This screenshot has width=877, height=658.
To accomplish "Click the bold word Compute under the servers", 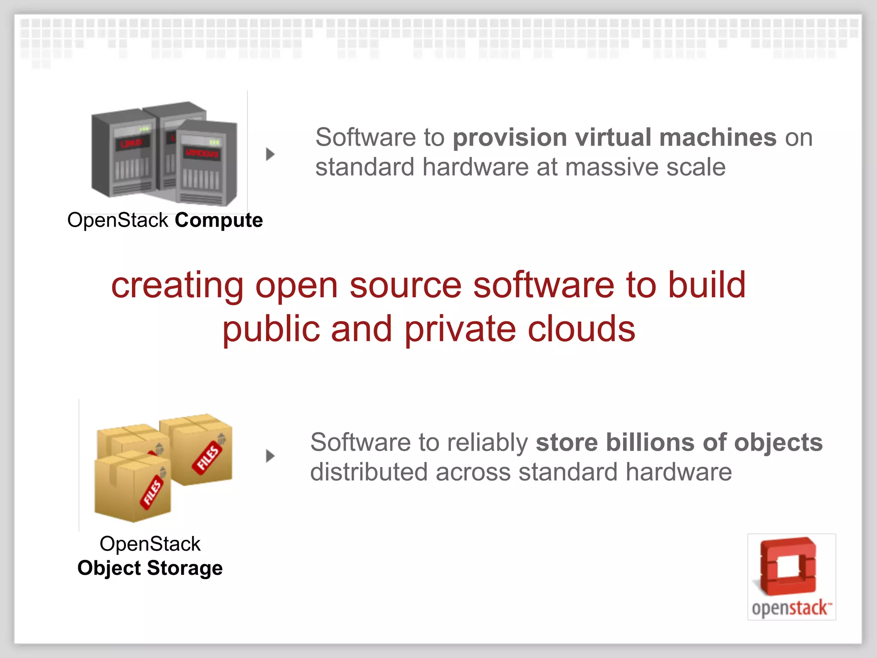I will point(218,221).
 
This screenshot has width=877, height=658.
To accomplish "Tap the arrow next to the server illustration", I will point(270,154).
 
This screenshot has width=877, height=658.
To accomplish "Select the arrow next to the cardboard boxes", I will point(270,456).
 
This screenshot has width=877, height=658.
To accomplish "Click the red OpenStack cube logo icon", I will point(788,566).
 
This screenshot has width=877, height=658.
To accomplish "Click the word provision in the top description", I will point(510,138).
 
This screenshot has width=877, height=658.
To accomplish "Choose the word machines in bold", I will point(718,138).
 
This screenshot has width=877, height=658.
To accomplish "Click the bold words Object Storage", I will point(150,568).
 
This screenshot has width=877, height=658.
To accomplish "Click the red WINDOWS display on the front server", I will point(202,153).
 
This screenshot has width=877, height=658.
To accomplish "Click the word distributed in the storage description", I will point(368,472).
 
